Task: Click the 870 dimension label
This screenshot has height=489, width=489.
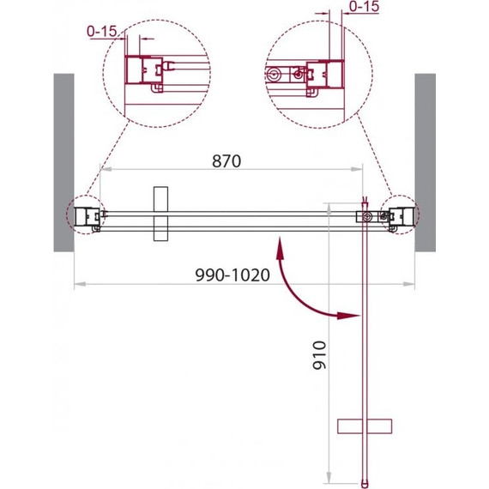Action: click(226, 161)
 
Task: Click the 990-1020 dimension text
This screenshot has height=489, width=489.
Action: click(232, 275)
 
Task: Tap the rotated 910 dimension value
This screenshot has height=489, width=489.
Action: click(319, 355)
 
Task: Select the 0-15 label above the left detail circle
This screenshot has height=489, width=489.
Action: click(102, 31)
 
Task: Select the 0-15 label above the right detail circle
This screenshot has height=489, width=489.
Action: click(364, 7)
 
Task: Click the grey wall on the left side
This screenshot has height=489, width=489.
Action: click(64, 162)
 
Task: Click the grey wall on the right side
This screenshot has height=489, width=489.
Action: click(425, 162)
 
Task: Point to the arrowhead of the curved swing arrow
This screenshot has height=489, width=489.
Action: click(348, 316)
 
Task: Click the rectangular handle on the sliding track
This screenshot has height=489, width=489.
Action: click(161, 214)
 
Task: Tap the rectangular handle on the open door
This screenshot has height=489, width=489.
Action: click(365, 426)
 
